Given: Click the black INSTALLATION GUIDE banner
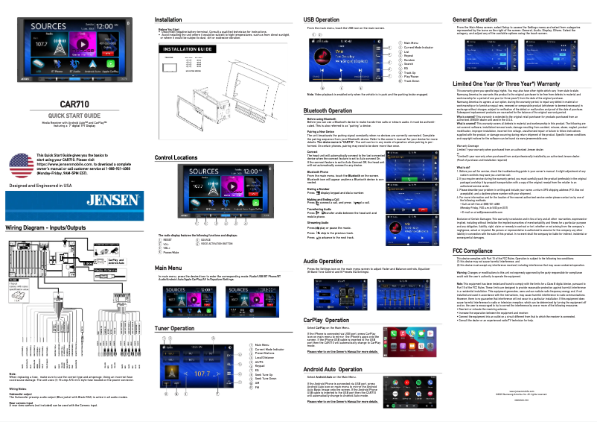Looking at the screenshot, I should (179, 48).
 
